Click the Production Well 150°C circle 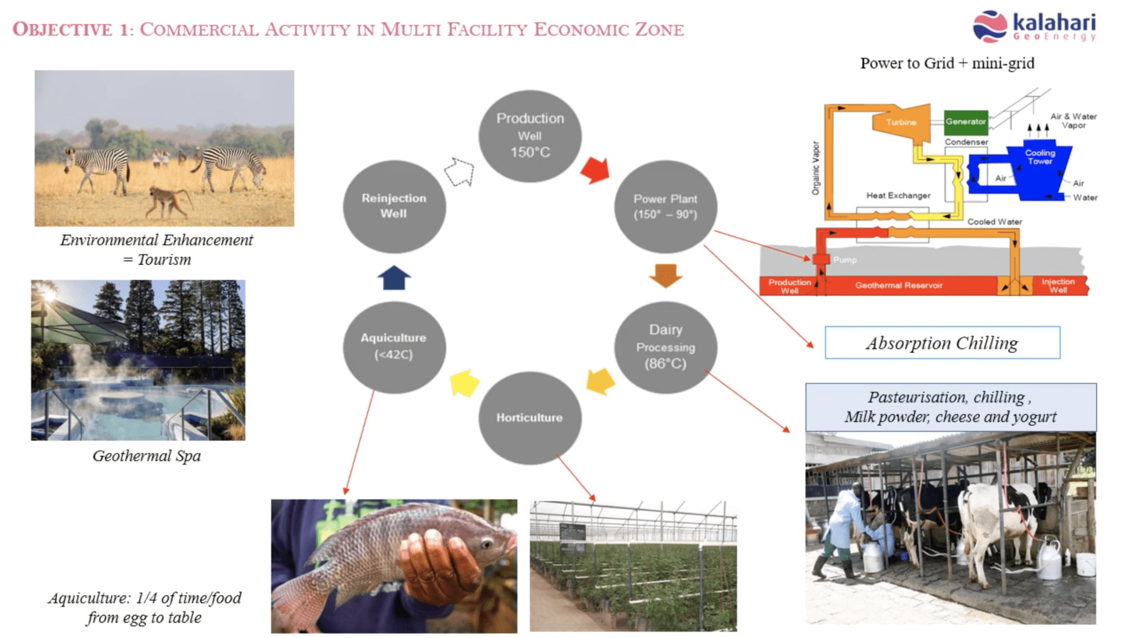pyautogui.click(x=530, y=136)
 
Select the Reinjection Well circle pyautogui.click(x=394, y=206)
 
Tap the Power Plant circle pyautogui.click(x=665, y=206)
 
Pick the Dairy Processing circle pyautogui.click(x=665, y=347)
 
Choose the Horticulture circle pyautogui.click(x=529, y=418)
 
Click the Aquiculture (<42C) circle pyautogui.click(x=394, y=347)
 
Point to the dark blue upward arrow pyautogui.click(x=394, y=278)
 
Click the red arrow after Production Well pyautogui.click(x=596, y=170)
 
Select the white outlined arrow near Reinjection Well pyautogui.click(x=461, y=172)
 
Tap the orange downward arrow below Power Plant pyautogui.click(x=666, y=275)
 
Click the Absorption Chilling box pyautogui.click(x=942, y=343)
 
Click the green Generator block pyautogui.click(x=966, y=122)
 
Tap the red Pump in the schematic pyautogui.click(x=821, y=259)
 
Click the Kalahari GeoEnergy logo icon pyautogui.click(x=989, y=27)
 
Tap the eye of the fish pyautogui.click(x=487, y=543)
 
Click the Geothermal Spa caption pyautogui.click(x=146, y=456)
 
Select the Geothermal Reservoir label pyautogui.click(x=899, y=286)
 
